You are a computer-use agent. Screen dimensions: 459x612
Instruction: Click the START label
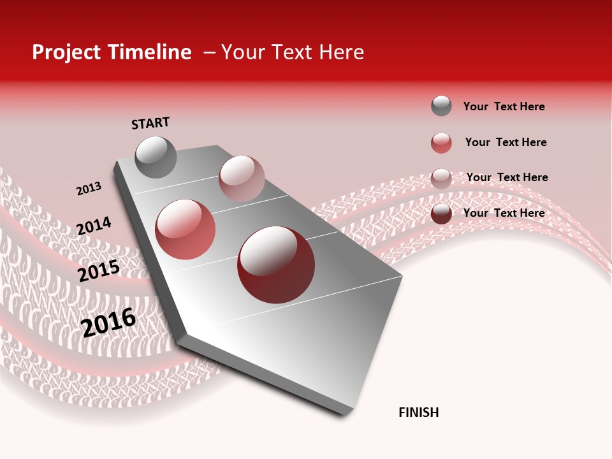(x=150, y=123)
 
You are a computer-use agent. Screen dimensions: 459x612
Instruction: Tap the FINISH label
(x=418, y=412)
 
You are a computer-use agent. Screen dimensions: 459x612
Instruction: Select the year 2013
(x=89, y=189)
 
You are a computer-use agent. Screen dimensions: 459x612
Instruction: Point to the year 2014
(x=94, y=226)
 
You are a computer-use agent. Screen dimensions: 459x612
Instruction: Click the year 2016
(x=108, y=322)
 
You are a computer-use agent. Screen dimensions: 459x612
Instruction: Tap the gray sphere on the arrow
(x=156, y=157)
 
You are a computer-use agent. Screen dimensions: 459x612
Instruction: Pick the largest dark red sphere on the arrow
(x=276, y=265)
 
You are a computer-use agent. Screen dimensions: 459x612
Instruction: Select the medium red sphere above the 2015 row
(x=185, y=229)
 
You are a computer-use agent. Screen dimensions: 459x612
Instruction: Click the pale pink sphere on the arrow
(x=242, y=178)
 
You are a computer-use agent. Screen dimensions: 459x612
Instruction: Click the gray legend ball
(x=441, y=106)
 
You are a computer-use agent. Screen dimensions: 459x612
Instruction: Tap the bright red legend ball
(x=441, y=143)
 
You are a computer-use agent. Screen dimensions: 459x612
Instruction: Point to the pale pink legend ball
(x=441, y=178)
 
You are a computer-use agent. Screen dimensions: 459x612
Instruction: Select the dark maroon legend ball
(x=441, y=214)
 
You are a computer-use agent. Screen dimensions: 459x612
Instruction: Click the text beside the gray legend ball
(x=504, y=106)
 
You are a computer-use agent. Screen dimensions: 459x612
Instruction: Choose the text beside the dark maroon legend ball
(x=504, y=213)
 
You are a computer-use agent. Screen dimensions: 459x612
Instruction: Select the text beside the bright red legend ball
(x=506, y=142)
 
